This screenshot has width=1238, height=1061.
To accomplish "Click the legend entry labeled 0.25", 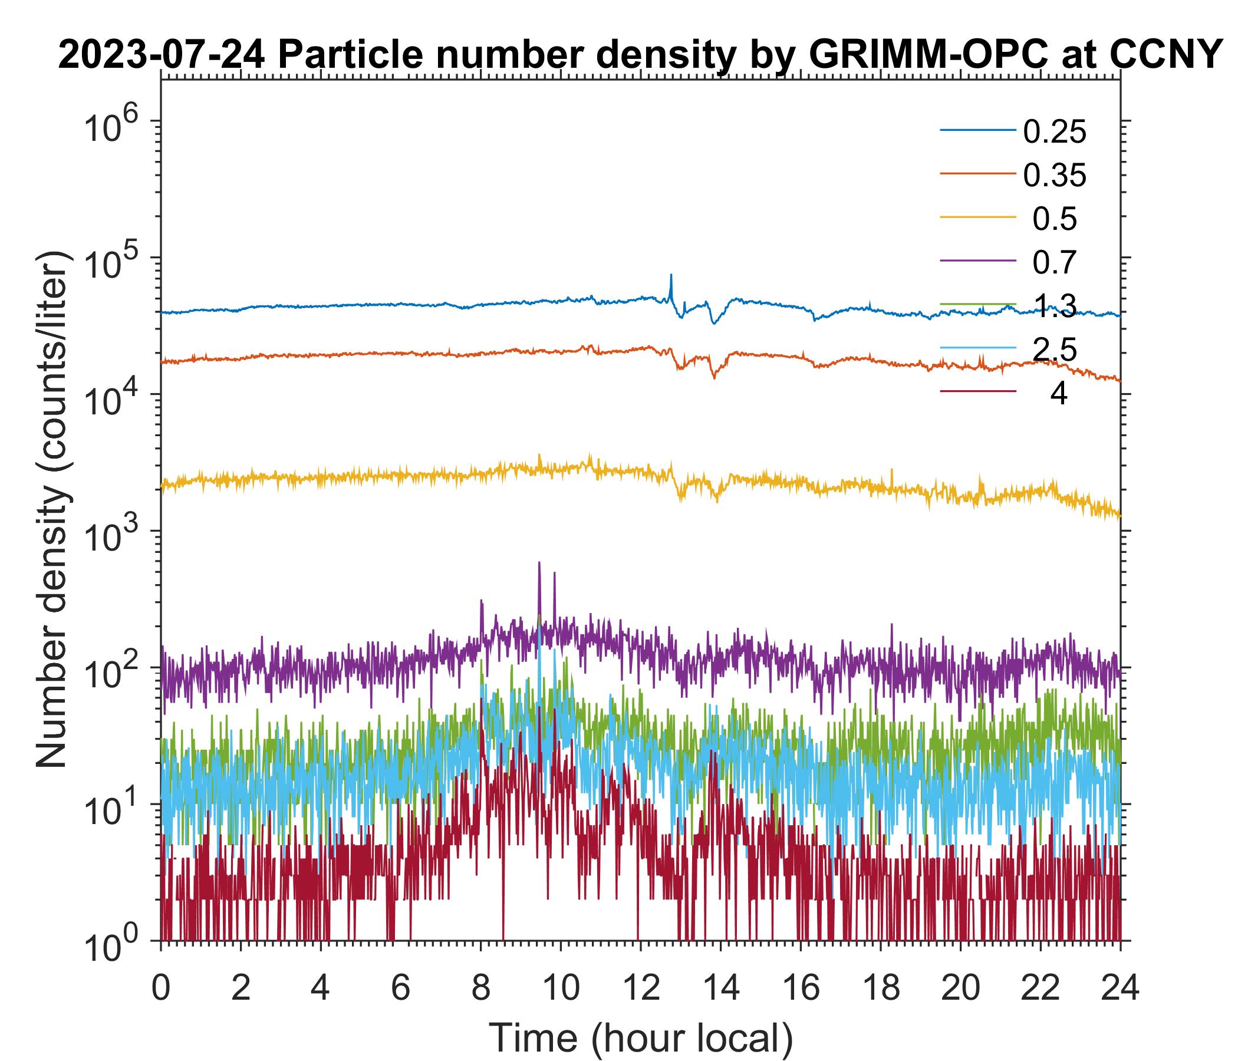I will (1054, 132).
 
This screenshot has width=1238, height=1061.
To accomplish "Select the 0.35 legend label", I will (1054, 176).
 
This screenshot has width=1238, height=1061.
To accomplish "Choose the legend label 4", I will (1058, 394).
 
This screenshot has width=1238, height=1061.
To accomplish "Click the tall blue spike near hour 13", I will (671, 276).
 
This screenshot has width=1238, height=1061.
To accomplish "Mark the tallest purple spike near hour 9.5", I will (539, 564).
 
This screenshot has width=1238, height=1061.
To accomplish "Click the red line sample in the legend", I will (977, 391).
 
